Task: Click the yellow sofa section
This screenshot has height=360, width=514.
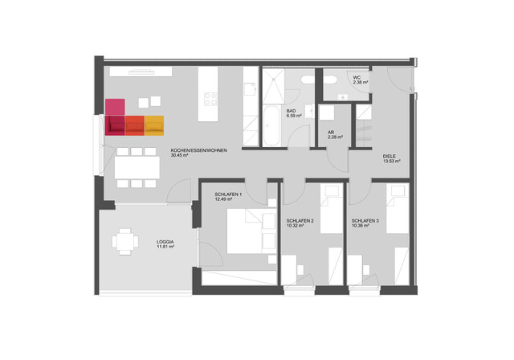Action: [154, 126]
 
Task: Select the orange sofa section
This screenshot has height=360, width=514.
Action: [135, 126]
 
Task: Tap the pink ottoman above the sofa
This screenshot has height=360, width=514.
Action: [116, 107]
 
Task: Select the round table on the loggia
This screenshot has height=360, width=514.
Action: [124, 241]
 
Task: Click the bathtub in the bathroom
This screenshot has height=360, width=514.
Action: [271, 125]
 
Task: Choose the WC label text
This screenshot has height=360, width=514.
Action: [357, 77]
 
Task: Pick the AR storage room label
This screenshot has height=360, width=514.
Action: [331, 133]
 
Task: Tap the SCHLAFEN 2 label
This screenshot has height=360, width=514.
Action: [300, 220]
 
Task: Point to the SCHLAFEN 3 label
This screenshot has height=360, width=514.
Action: [365, 220]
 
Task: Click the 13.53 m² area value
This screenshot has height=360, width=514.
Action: [392, 161]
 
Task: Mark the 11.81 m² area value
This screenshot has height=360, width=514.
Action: [166, 247]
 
